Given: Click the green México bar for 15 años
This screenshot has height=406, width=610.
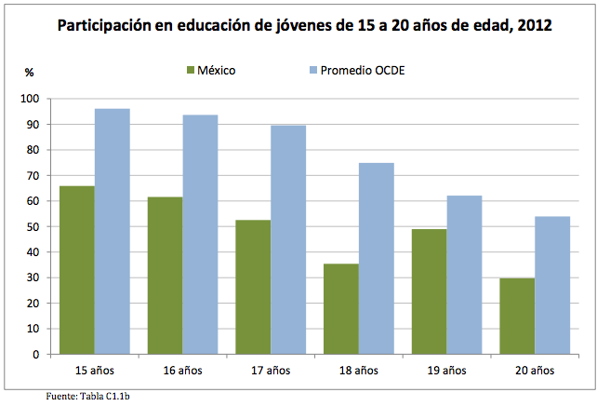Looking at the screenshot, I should click(76, 270).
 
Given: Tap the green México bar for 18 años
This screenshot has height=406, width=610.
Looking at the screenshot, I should click(341, 308).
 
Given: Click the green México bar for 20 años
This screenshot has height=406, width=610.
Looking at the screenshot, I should click(518, 316).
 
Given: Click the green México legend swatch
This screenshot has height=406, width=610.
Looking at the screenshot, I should click(191, 70).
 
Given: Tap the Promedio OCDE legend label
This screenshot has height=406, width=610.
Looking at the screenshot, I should click(363, 70).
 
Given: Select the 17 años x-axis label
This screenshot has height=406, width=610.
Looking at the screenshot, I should click(271, 370).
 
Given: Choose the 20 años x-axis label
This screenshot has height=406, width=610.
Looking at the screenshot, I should click(536, 370).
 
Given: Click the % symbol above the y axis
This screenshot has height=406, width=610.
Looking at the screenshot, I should click(29, 71).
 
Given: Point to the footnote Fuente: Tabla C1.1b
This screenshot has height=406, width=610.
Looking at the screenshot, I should click(87, 396).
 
